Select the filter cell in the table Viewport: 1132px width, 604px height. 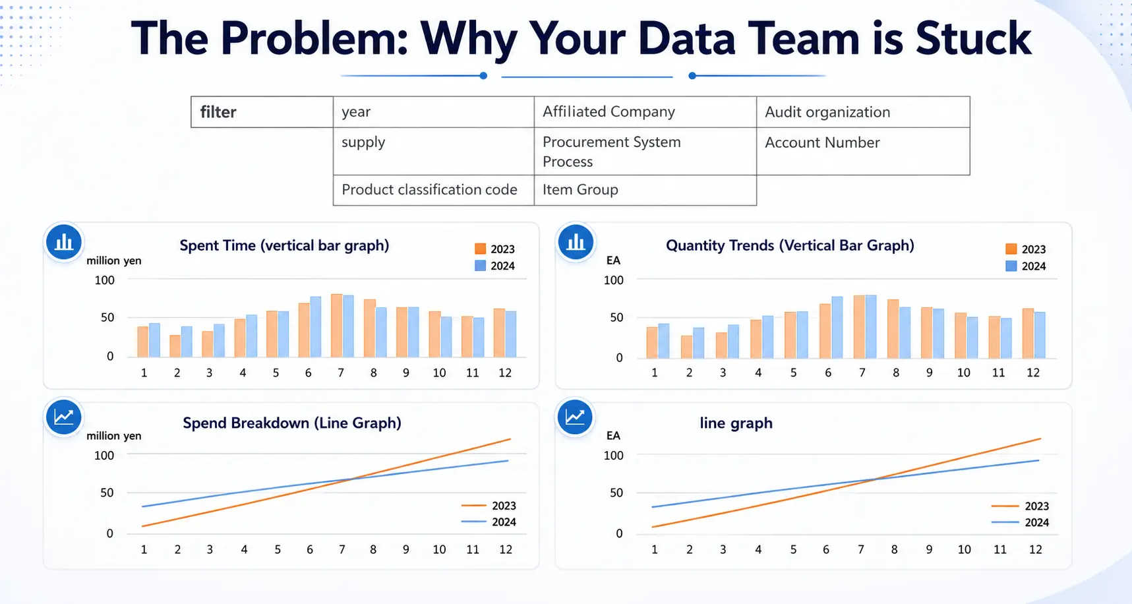coord(262,112)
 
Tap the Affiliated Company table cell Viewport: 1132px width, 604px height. coord(644,111)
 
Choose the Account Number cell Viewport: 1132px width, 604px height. coord(862,151)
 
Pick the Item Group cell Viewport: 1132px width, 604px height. coord(644,190)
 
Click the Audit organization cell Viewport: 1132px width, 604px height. coord(862,112)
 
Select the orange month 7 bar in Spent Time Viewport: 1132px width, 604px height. coord(337,326)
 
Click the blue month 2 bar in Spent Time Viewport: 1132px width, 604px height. coord(187,342)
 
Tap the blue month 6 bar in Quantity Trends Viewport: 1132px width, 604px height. coord(837,327)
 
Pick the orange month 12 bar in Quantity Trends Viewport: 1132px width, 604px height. coord(1028,333)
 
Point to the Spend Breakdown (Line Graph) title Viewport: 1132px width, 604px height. coord(292,423)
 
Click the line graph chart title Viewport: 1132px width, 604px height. coord(736,423)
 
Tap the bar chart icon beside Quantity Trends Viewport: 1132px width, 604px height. coord(576,242)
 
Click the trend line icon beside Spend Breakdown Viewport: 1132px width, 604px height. coord(64,417)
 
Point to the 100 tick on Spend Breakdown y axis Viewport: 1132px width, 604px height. coord(104,455)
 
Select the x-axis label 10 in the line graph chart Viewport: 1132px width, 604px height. coord(964,549)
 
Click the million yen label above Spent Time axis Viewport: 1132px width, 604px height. coord(113,260)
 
